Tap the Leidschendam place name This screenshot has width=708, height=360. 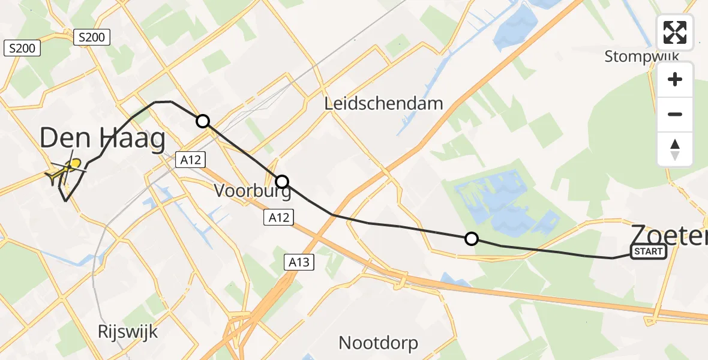(383, 104)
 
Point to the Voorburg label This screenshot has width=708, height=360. (253, 191)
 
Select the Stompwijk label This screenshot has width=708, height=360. (641, 57)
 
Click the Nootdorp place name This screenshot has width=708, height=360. (378, 343)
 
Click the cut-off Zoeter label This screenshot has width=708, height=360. (668, 233)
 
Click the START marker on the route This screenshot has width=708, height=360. (648, 251)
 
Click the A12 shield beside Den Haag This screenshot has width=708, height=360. (191, 160)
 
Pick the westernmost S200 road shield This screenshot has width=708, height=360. (22, 48)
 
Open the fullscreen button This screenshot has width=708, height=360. (675, 32)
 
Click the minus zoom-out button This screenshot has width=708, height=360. (675, 114)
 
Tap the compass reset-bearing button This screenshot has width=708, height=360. (675, 149)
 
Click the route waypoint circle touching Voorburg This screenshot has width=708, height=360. (281, 181)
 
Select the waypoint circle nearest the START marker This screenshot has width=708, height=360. (472, 239)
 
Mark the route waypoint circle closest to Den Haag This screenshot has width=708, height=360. (203, 121)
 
